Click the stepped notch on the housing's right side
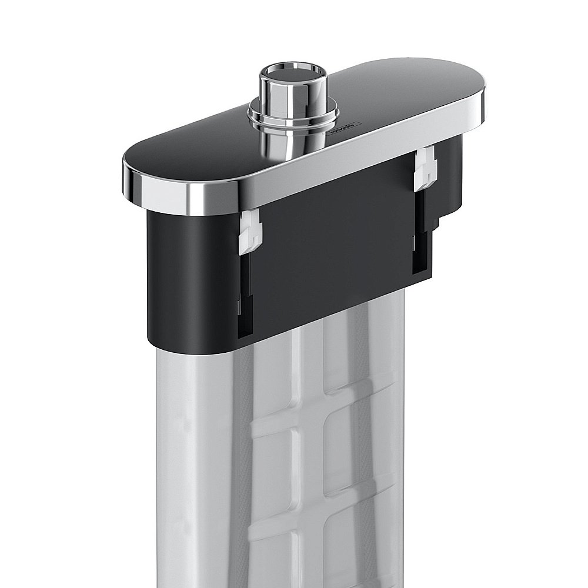pyautogui.click(x=441, y=223)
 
